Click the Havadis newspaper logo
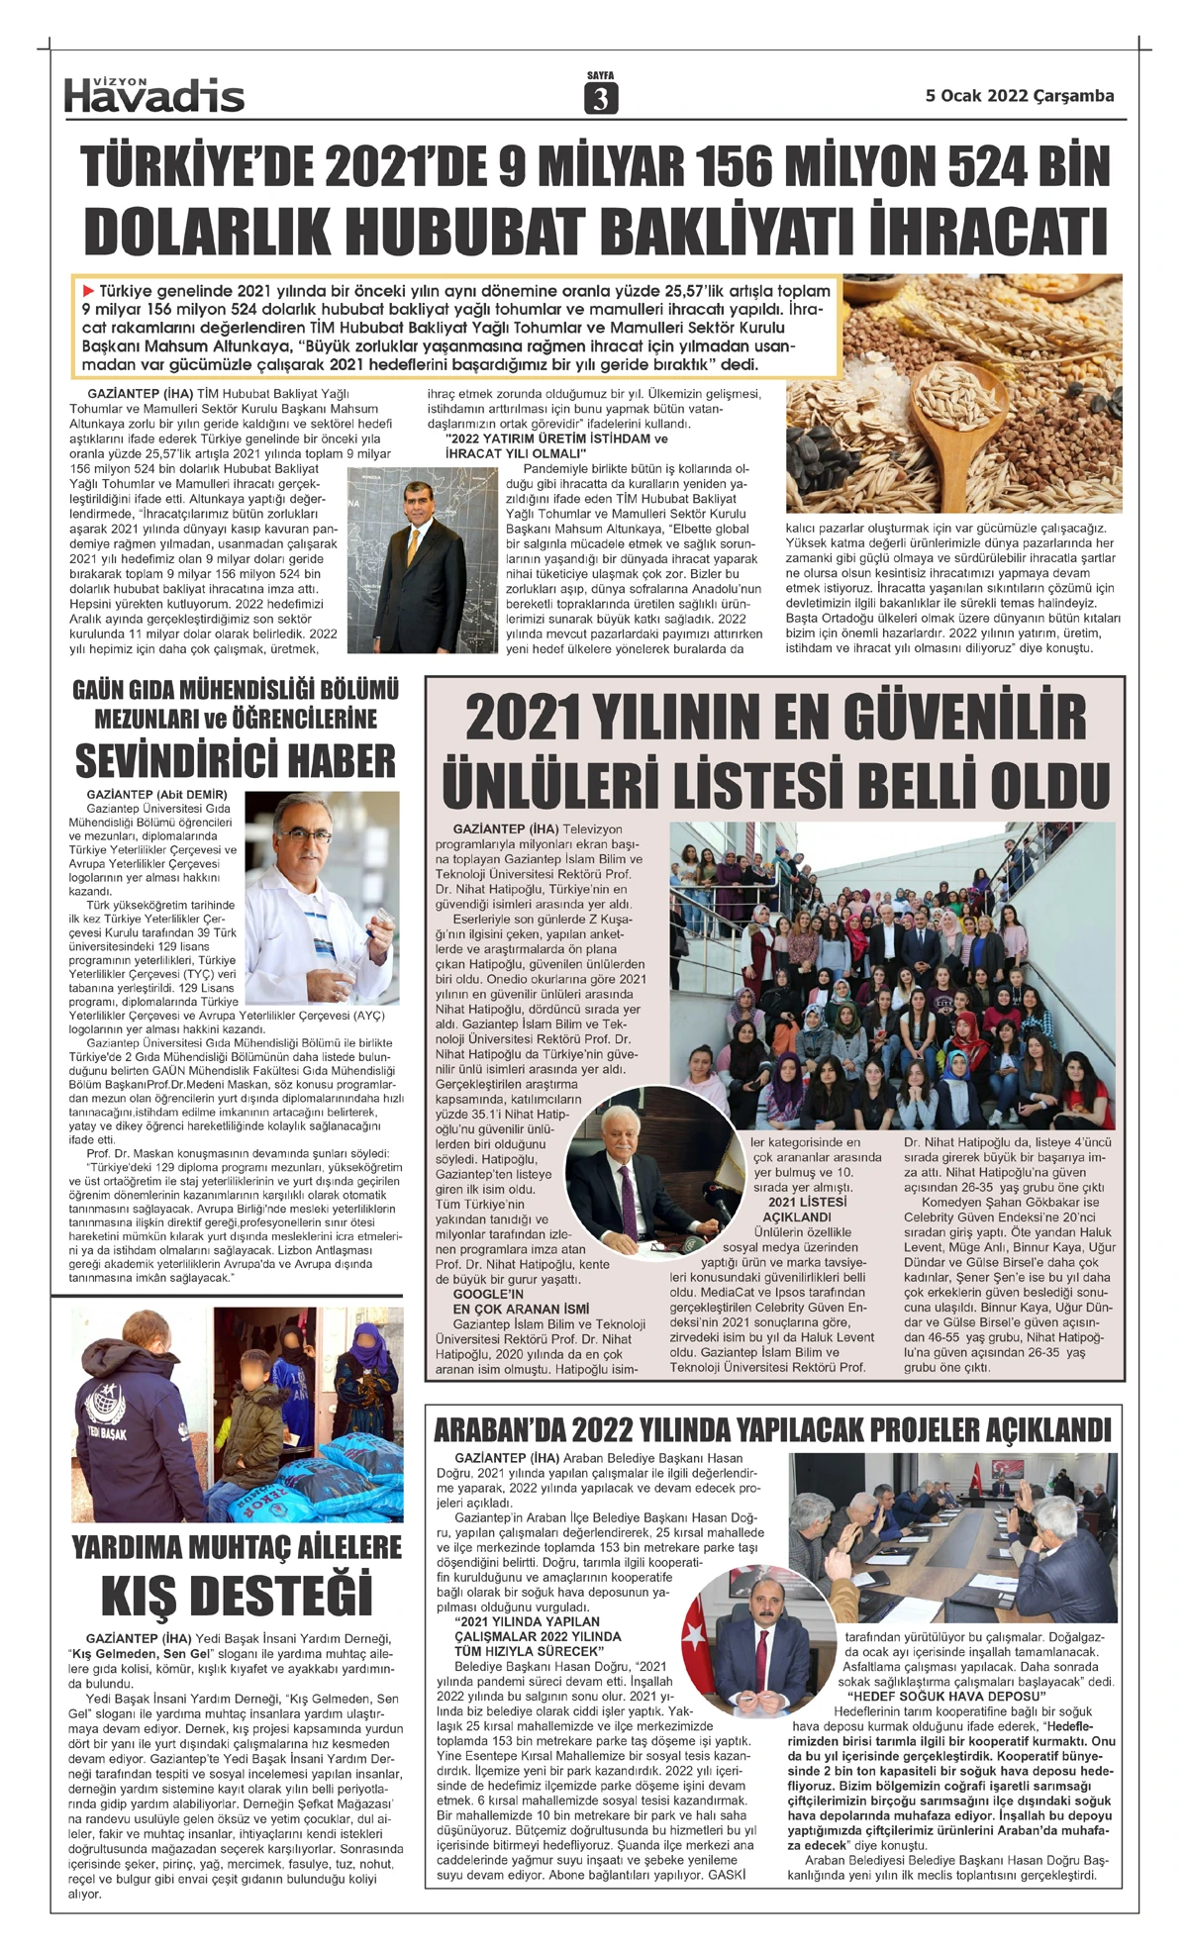154,95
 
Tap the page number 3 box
601,98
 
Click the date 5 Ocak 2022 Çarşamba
1019,96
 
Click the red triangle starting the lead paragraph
89,291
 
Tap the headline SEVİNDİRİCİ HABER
236,761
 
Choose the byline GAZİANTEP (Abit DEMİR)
156,795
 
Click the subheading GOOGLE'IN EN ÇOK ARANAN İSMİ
520,1302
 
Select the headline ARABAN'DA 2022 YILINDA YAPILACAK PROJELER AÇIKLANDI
772,1430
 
